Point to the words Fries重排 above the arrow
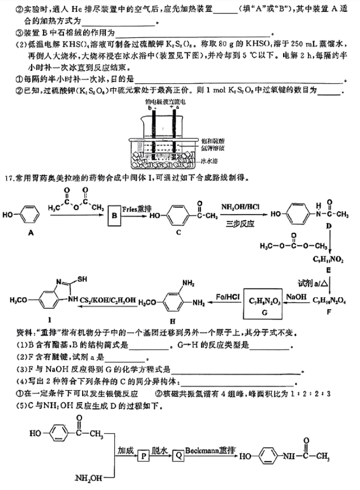point(137,208)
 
